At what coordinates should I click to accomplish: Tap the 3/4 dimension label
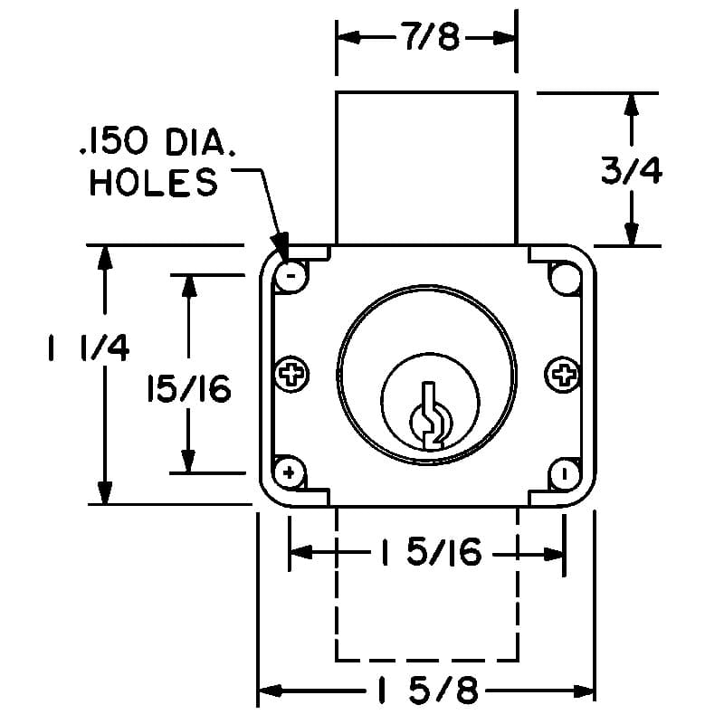[631, 170]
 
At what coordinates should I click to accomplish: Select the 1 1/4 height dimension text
[89, 348]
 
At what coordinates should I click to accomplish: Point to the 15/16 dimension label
[189, 388]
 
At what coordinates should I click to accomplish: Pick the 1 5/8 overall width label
[428, 691]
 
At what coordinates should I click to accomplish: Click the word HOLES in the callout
[153, 182]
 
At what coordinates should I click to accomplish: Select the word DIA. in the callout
[200, 142]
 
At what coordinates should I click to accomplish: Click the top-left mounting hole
[291, 276]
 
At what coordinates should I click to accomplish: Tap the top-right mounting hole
[564, 278]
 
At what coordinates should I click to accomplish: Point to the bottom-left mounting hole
[290, 472]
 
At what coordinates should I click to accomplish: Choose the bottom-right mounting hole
[564, 474]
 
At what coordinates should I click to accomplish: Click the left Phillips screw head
[291, 374]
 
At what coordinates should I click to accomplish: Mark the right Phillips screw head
[562, 375]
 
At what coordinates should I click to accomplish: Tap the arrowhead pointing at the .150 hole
[280, 250]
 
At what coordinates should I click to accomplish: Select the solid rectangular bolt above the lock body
[426, 168]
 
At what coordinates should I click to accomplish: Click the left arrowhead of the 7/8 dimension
[349, 37]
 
